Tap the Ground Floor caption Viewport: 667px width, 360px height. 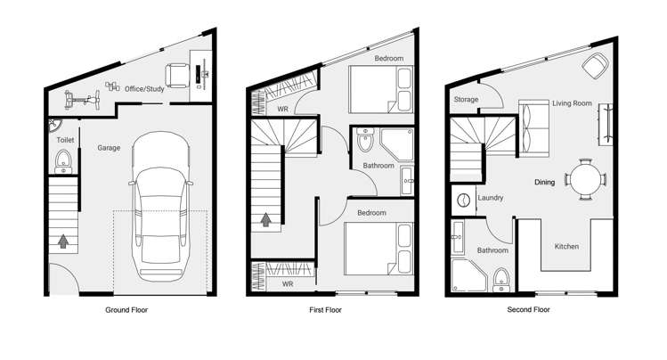126,310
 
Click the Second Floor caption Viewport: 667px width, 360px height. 530,310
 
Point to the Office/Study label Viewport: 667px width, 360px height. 143,89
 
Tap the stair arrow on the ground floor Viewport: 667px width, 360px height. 62,240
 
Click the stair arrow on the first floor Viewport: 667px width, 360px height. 264,217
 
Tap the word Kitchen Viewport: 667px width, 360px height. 567,246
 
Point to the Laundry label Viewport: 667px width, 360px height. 492,198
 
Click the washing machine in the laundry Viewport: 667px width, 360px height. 462,200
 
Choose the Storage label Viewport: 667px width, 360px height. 466,100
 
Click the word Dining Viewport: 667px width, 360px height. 544,183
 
